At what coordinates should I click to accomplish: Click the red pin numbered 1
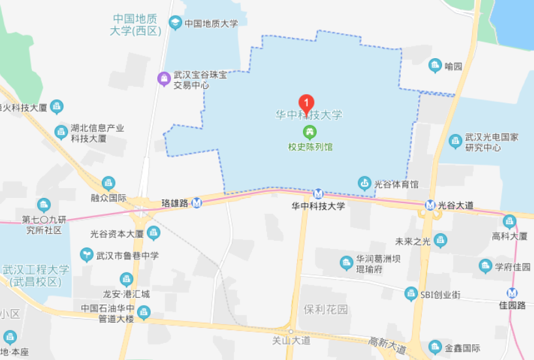pos(306,103)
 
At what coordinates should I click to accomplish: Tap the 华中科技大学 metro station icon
pos(318,193)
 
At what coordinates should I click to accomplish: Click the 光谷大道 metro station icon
pos(430,205)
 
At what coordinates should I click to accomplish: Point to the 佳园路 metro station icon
pos(512,293)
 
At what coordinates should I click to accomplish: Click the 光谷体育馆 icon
pos(364,183)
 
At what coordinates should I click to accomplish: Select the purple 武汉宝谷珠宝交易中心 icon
pos(163,79)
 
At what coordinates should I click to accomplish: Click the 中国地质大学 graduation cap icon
pos(175,23)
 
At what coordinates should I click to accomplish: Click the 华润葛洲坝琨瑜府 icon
pos(346,263)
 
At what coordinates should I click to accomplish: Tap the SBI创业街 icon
pos(411,294)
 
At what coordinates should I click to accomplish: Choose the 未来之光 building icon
pos(441,240)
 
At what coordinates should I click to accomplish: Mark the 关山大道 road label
pos(291,340)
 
